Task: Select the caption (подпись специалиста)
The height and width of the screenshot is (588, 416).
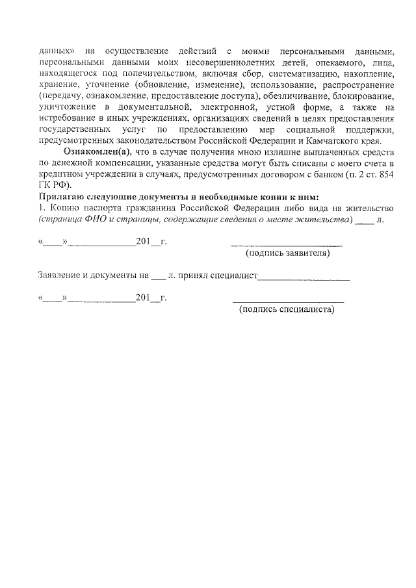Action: coord(287,309)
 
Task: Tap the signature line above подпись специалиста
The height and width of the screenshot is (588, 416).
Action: coord(288,301)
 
